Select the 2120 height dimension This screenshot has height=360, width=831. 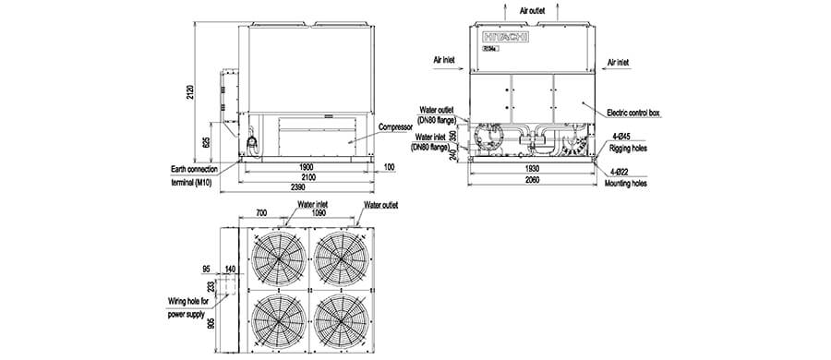point(189,90)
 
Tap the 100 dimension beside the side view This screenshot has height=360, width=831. point(391,167)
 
